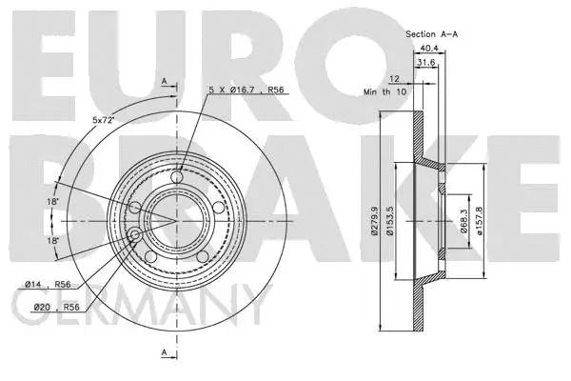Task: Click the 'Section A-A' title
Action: point(433,33)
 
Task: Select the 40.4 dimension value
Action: point(424,50)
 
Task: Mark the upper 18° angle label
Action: point(54,202)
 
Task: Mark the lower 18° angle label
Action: point(54,241)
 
